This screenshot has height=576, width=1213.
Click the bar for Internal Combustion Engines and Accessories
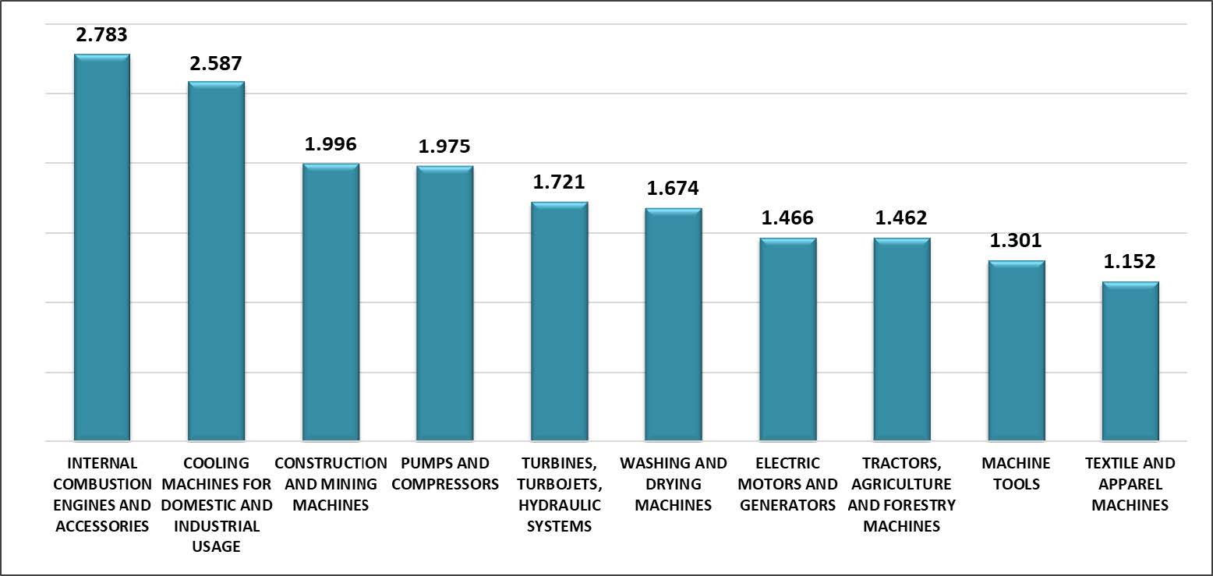point(101,248)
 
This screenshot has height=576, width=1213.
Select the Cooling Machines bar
point(216,261)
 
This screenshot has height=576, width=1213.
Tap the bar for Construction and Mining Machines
point(331,302)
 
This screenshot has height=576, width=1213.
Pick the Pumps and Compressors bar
point(444,304)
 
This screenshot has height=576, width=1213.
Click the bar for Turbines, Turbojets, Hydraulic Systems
point(559,322)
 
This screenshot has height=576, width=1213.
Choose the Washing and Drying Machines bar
point(673,325)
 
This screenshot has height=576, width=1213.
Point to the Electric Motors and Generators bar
point(787,340)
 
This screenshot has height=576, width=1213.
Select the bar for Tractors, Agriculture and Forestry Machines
point(901,340)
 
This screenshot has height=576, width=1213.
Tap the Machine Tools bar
point(1016,351)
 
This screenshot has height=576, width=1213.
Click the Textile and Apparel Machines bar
point(1130,362)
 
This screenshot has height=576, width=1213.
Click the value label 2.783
point(101,34)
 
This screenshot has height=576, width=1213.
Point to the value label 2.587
point(216,62)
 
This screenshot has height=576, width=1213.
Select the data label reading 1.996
point(331,143)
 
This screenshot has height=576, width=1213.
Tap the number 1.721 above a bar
point(559,182)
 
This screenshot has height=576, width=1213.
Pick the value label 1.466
point(787,217)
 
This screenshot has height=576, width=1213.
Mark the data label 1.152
point(1130,262)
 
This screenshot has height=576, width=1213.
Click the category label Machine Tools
point(1016,473)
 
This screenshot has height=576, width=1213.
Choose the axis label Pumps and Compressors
point(444,473)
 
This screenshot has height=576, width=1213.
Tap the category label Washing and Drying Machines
point(673,484)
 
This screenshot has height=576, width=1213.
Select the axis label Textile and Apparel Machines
point(1130,484)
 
